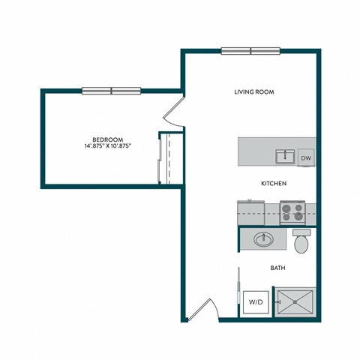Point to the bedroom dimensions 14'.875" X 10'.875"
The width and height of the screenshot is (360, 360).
pos(109,146)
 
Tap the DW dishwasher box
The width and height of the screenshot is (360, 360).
pos(306,158)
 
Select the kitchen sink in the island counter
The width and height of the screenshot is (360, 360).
pos(284,157)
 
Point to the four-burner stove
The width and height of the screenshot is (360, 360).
pos(292,212)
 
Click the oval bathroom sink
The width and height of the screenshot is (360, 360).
pos(263,240)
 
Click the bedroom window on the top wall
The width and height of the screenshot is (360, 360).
pos(111,91)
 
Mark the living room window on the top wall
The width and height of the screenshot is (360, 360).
pos(250,51)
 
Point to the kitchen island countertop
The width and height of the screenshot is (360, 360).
pos(259,151)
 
